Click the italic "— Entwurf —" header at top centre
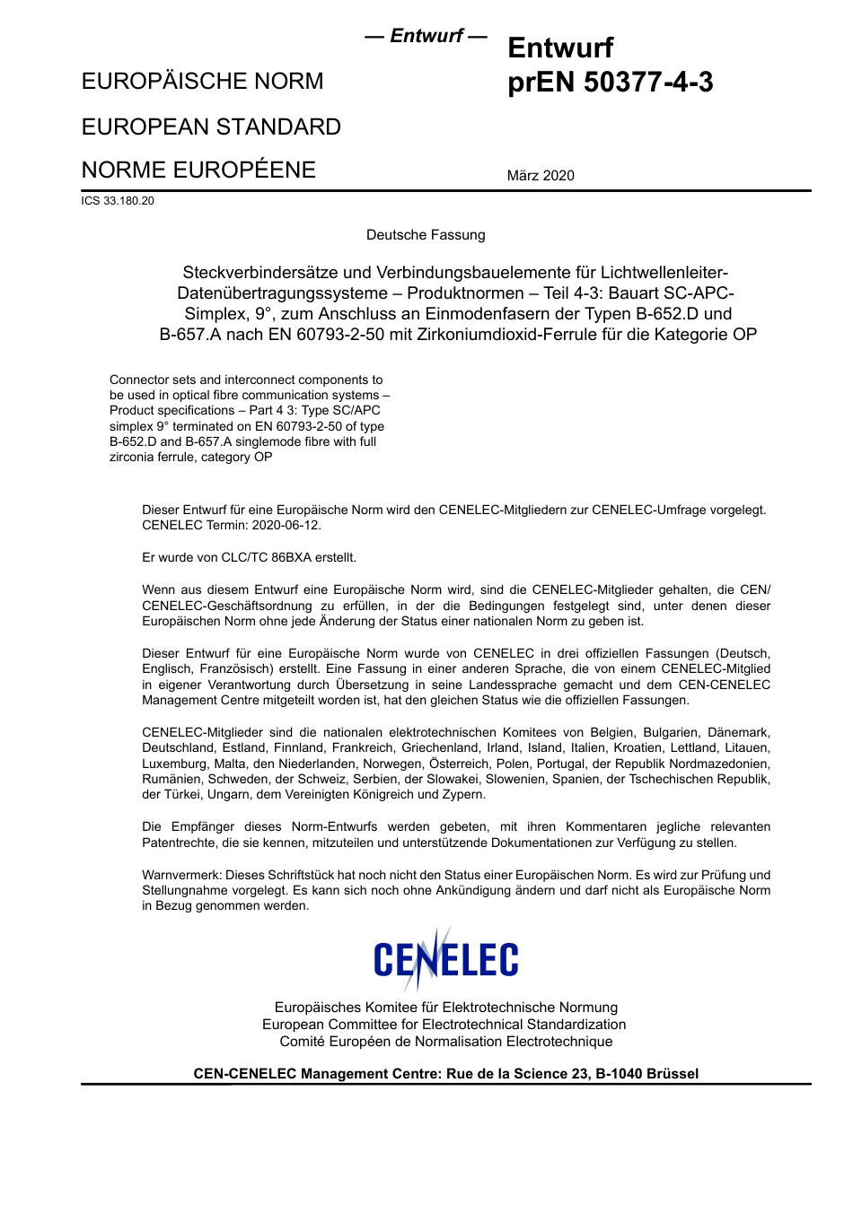tap(426, 36)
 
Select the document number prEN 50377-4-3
tap(611, 83)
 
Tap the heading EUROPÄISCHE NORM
tap(202, 81)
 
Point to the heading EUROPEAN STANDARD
tap(211, 127)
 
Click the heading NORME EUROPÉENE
tap(198, 170)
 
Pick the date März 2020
tap(541, 176)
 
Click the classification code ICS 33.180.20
tap(118, 201)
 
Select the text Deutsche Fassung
tap(426, 235)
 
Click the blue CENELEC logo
tap(445, 958)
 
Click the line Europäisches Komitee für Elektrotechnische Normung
tap(445, 1008)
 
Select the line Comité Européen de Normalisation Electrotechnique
tap(445, 1042)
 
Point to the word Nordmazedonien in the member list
tap(725, 764)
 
